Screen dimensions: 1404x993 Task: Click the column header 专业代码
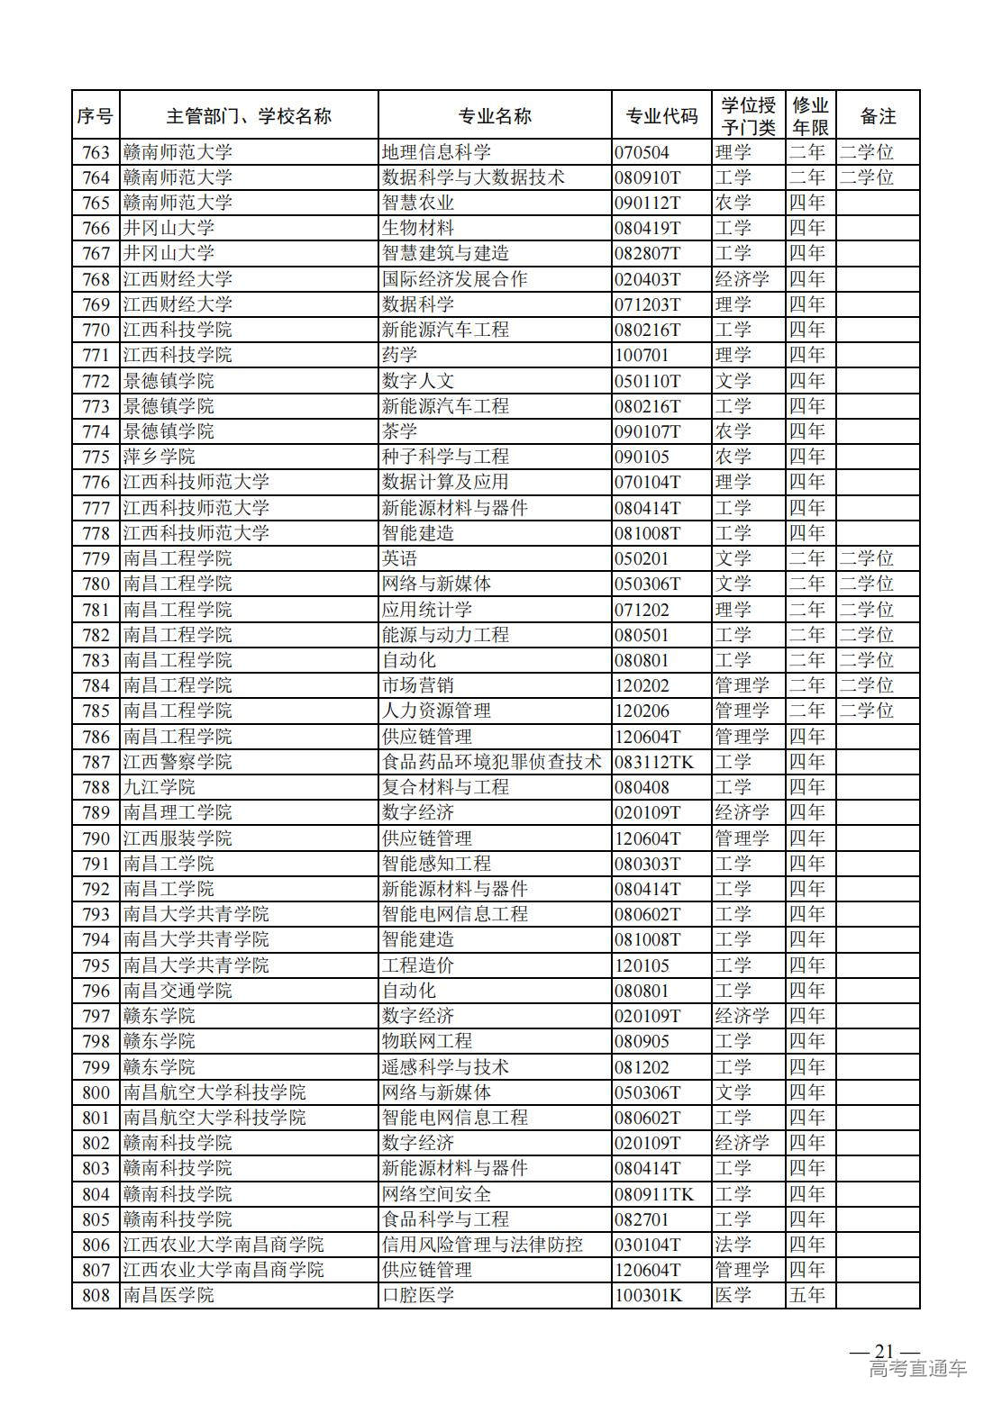[661, 116]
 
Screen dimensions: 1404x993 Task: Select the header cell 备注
[878, 116]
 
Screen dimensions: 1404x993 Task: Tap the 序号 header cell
[96, 116]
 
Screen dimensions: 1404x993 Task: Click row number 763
[96, 152]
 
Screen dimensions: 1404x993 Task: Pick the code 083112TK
[655, 762]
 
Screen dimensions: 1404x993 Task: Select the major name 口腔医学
[418, 1295]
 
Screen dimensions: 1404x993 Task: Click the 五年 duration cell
[807, 1295]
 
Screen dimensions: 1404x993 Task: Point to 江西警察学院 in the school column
[178, 762]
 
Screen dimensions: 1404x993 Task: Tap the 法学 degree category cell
[733, 1245]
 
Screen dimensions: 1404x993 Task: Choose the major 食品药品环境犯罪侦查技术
[492, 762]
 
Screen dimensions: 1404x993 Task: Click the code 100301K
[649, 1295]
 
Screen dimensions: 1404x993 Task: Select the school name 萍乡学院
[159, 457]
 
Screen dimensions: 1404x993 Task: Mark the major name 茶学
[400, 431]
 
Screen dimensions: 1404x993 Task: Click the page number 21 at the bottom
[884, 1351]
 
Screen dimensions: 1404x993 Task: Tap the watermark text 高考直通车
[918, 1369]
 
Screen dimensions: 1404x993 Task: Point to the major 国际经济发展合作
[455, 279]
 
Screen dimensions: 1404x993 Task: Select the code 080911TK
[655, 1194]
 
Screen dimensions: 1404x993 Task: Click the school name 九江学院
[159, 787]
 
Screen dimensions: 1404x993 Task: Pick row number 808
[96, 1295]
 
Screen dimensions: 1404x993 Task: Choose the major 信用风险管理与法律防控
[482, 1245]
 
